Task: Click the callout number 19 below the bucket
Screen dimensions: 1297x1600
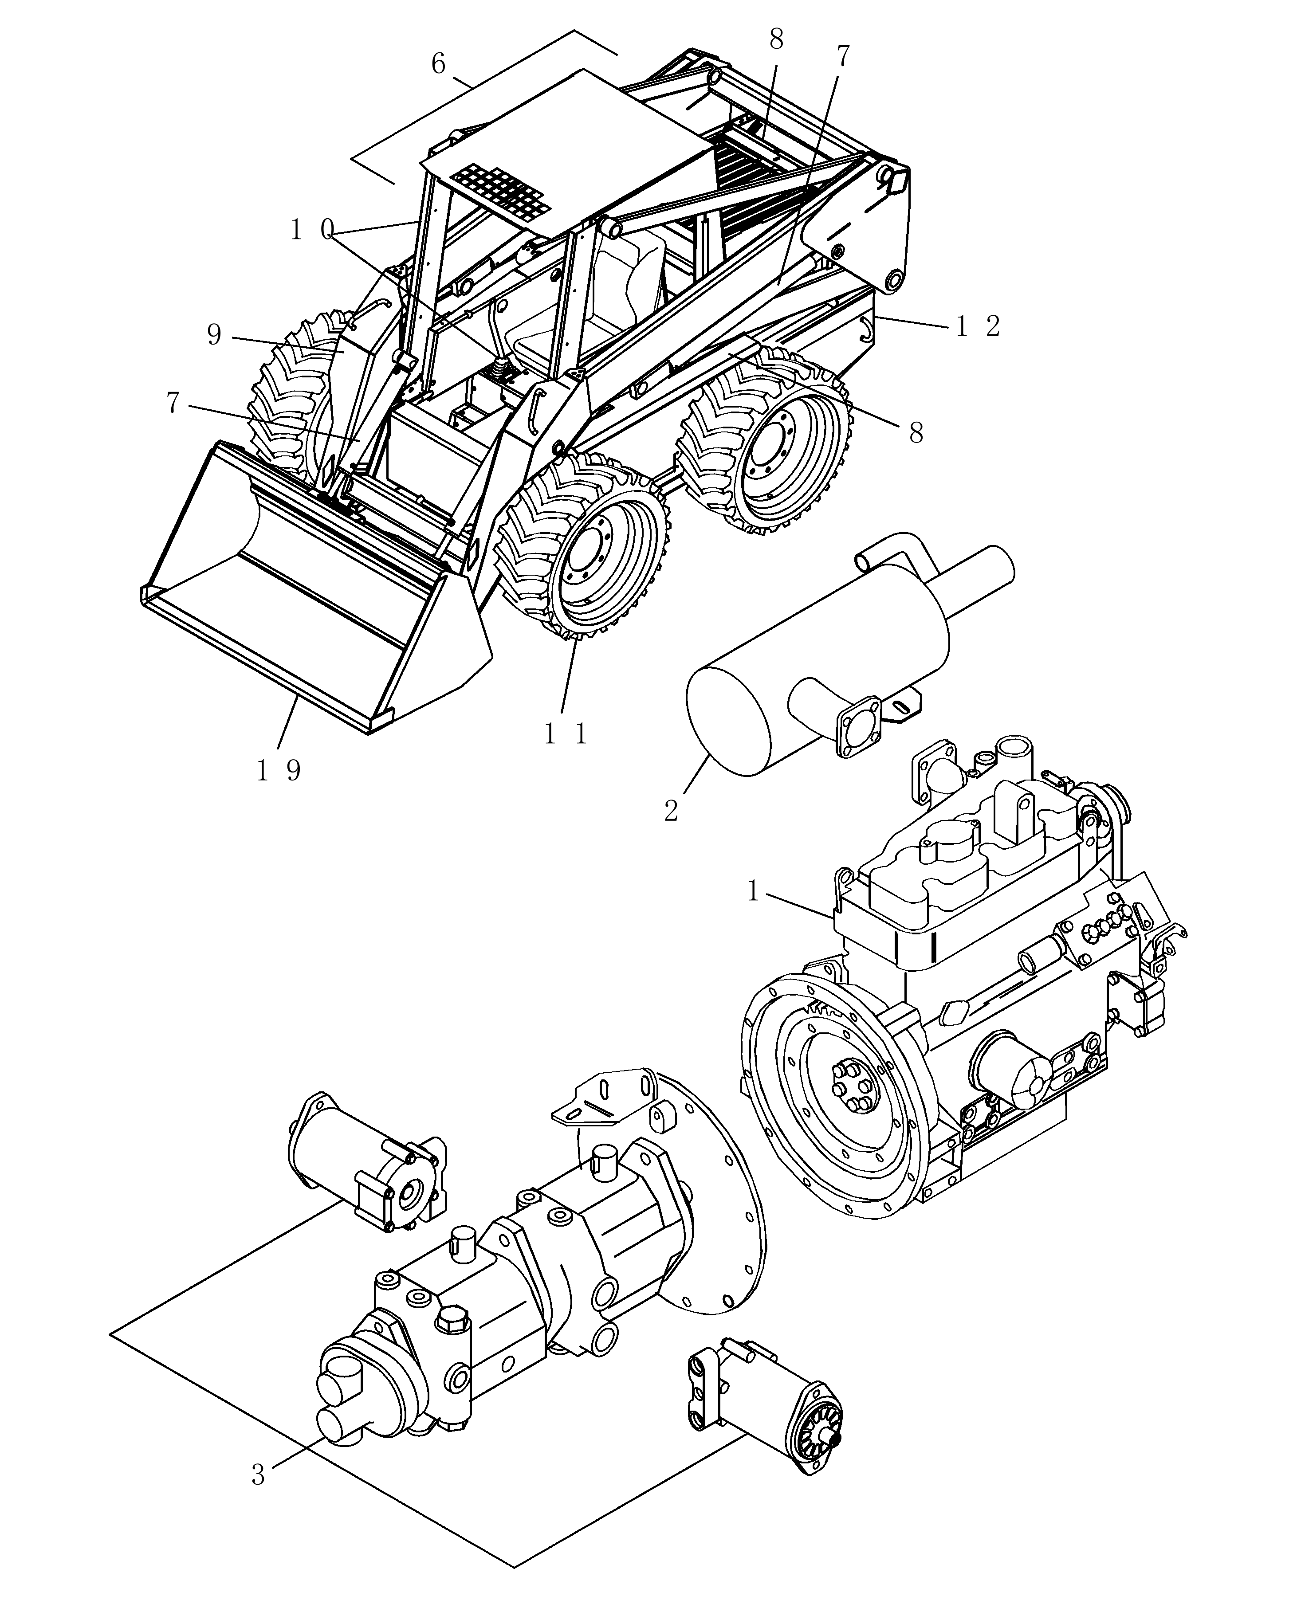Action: click(279, 770)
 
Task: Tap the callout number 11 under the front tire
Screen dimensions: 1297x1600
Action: click(566, 735)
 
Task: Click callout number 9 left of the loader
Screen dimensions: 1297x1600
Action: click(214, 335)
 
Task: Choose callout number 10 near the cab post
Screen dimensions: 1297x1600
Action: click(311, 231)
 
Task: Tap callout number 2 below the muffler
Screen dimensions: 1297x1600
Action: click(671, 811)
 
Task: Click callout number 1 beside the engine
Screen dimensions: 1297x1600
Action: click(753, 890)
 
